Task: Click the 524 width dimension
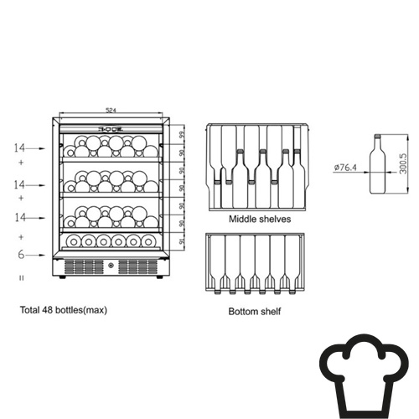[x=111, y=110]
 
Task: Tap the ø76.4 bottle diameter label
[x=345, y=168]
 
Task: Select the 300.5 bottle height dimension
[x=403, y=163]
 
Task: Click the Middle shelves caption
[x=260, y=219]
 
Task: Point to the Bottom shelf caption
[x=255, y=311]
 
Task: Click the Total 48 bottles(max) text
[x=64, y=310]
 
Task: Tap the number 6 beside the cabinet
[x=21, y=255]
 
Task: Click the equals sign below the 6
[x=22, y=278]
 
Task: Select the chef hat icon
[x=364, y=376]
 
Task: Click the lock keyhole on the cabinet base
[x=111, y=266]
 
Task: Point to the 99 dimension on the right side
[x=182, y=135]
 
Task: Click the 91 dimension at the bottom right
[x=182, y=241]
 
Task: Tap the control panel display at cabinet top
[x=111, y=129]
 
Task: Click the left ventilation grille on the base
[x=84, y=266]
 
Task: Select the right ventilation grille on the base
[x=137, y=266]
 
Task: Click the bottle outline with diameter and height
[x=378, y=164]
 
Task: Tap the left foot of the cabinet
[x=62, y=277]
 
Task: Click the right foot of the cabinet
[x=159, y=277]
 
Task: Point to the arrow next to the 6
[x=35, y=255]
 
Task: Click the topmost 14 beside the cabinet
[x=19, y=147]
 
